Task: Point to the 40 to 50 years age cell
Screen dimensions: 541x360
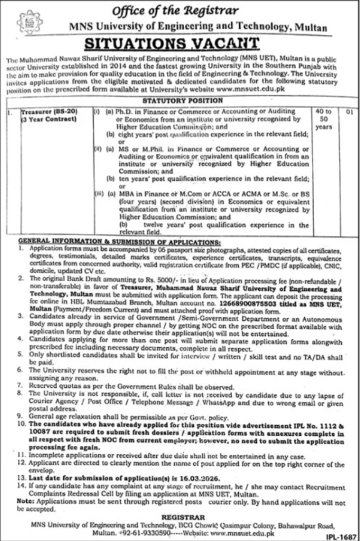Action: tap(325, 119)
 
